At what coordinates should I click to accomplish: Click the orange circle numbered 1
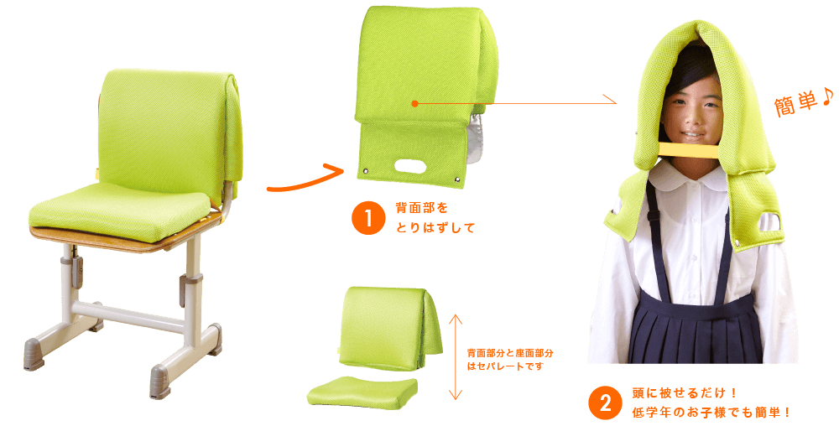click(368, 218)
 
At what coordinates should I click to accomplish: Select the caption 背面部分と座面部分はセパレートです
click(510, 360)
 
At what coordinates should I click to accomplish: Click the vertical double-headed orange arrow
click(455, 357)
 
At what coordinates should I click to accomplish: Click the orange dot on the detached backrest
click(414, 104)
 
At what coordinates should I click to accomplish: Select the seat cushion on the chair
click(119, 211)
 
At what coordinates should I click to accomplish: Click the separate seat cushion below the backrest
click(362, 390)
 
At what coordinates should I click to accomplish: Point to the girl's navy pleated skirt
click(696, 330)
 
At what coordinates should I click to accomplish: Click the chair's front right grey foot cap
click(160, 381)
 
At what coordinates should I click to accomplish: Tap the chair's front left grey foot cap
click(34, 354)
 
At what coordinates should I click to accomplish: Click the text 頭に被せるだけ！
click(685, 393)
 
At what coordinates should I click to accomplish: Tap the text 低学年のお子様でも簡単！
click(711, 413)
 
